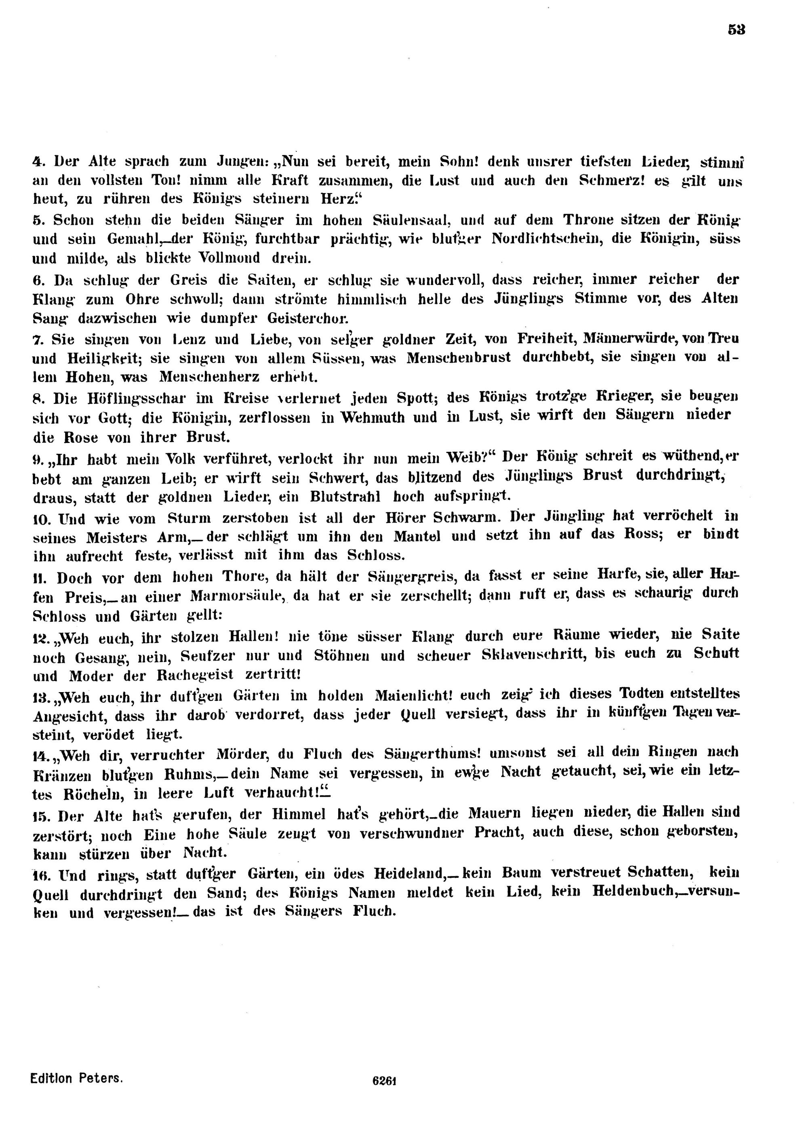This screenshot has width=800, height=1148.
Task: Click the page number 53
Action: point(737,30)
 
